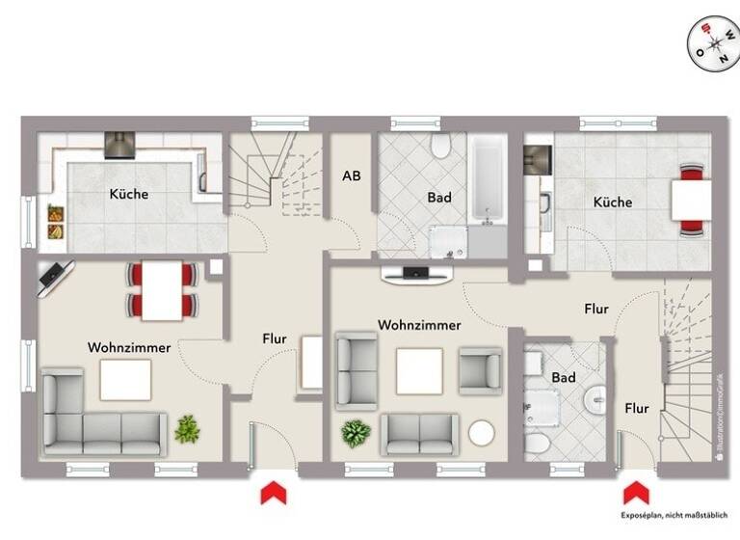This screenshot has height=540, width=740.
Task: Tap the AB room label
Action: click(x=353, y=176)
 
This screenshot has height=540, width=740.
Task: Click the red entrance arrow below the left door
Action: click(x=274, y=493)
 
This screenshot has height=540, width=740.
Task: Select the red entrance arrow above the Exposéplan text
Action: click(x=635, y=493)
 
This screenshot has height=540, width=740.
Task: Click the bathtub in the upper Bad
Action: click(x=488, y=180)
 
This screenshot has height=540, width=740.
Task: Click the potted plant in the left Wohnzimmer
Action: click(x=187, y=428)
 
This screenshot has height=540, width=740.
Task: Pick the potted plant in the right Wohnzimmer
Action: click(x=356, y=433)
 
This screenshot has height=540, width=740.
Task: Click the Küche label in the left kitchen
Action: click(x=129, y=194)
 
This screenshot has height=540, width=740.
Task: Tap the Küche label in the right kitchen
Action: click(x=613, y=202)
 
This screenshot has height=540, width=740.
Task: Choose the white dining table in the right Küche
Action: click(x=692, y=201)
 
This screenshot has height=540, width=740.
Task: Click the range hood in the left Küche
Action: click(x=119, y=145)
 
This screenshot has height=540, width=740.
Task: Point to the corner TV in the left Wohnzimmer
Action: click(x=52, y=279)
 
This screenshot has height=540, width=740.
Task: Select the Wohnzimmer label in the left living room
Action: click(x=129, y=347)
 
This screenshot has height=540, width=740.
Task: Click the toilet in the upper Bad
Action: click(x=441, y=147)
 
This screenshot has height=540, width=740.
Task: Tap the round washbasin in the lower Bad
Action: click(x=596, y=395)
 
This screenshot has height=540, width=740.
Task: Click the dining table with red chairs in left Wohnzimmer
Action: click(x=161, y=289)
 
